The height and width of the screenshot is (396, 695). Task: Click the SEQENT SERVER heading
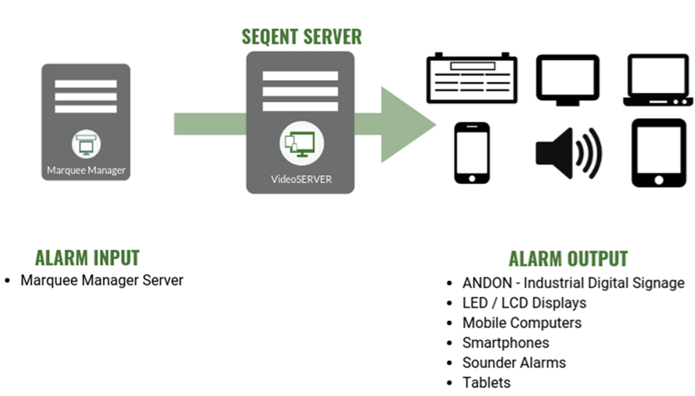point(301,36)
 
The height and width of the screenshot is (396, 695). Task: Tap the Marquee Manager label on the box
point(86,171)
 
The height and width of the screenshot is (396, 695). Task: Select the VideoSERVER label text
point(301,179)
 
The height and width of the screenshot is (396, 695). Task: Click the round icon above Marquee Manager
point(86,143)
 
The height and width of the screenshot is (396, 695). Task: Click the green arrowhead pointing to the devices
point(405,124)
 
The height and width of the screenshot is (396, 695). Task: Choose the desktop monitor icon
point(567,80)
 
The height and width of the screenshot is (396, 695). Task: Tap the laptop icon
point(657,80)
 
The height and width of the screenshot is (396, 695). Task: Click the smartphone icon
point(471,153)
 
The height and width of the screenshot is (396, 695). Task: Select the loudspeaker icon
point(568,154)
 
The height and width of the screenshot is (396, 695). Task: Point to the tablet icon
point(658,153)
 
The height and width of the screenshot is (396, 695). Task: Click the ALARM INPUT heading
point(87,257)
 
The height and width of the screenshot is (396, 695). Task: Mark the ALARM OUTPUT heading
point(568,258)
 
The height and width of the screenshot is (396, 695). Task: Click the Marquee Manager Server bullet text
point(102,281)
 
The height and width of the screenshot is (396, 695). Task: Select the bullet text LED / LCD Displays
point(524,303)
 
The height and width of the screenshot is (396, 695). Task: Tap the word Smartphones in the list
point(506,343)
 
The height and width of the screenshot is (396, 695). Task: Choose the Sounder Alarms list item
point(514,363)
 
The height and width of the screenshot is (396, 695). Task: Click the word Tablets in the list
point(487,383)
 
